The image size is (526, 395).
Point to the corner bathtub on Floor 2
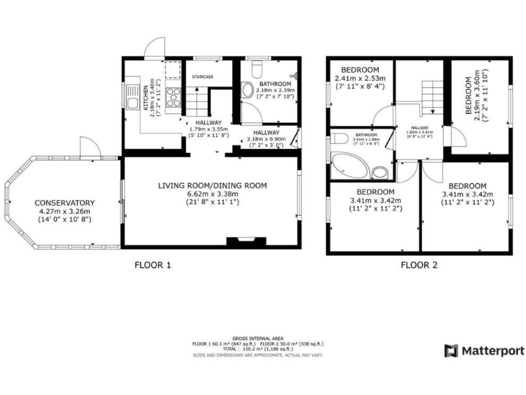(x=345, y=165)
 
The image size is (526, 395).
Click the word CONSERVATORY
(x=64, y=202)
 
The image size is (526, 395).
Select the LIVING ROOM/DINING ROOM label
(x=212, y=185)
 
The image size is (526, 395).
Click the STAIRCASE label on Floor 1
(x=203, y=77)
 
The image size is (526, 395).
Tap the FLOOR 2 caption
(x=419, y=265)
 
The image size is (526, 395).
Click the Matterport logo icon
(x=451, y=350)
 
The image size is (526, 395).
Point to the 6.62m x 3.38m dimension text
(x=212, y=195)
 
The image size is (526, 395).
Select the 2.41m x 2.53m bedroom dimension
(x=360, y=79)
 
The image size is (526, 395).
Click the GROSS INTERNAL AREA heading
(x=258, y=338)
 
